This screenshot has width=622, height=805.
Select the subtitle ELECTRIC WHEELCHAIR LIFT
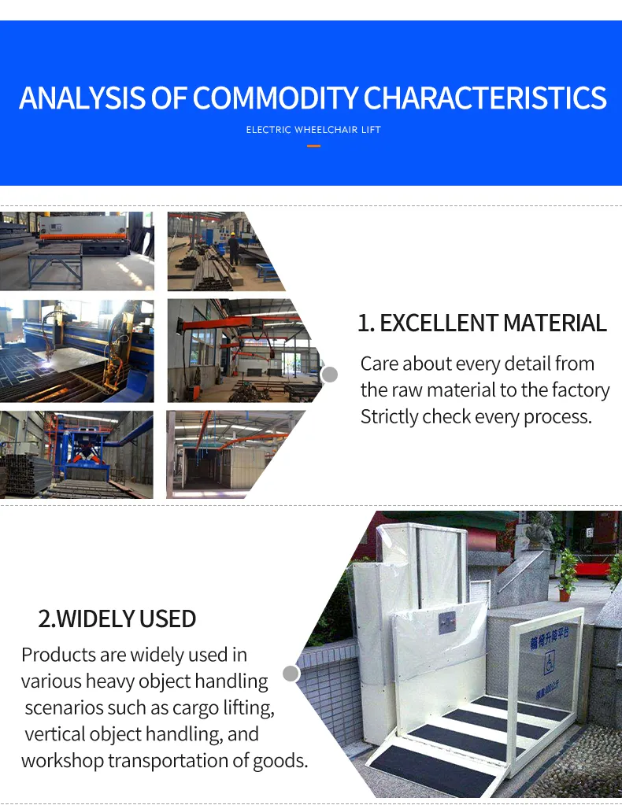pos(313,129)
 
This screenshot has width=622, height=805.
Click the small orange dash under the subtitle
pos(313,146)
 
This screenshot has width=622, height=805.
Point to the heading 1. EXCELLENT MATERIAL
pos(482,323)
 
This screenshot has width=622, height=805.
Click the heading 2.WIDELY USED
pos(117,619)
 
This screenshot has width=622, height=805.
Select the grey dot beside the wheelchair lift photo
pos(291,674)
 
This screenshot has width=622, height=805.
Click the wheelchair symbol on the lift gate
pos(549,665)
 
